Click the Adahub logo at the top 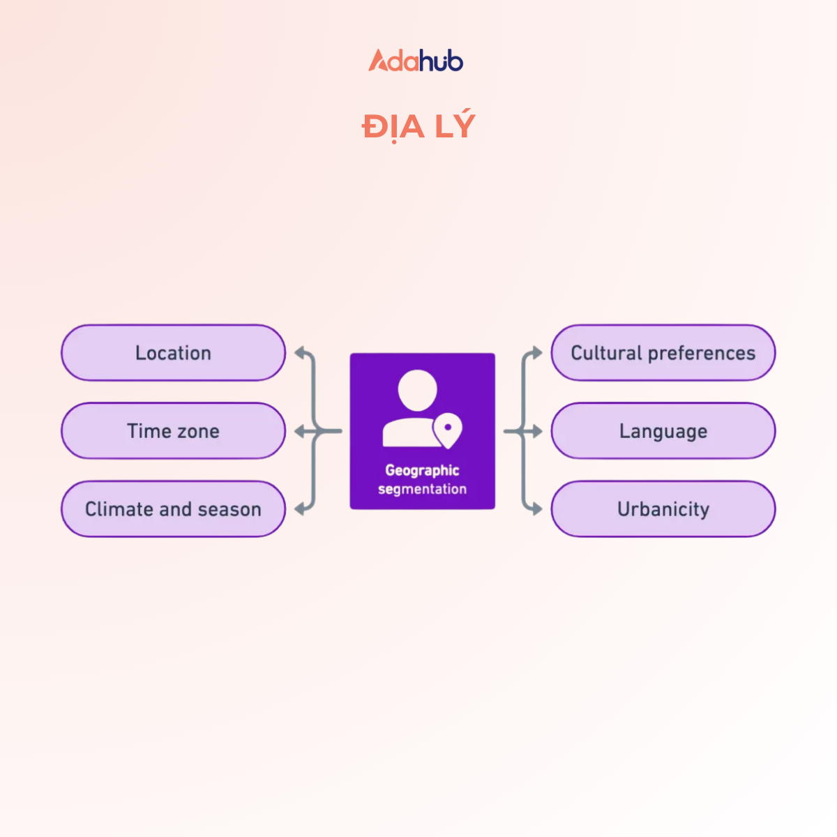416,61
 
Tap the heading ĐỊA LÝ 418,127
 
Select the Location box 173,353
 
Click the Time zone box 173,431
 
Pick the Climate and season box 173,509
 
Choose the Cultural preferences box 663,353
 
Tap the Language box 663,431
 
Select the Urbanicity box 663,509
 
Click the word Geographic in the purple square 422,471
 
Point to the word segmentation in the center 422,489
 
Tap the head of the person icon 417,390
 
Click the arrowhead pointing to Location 300,353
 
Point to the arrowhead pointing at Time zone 300,432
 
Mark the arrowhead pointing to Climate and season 300,509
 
